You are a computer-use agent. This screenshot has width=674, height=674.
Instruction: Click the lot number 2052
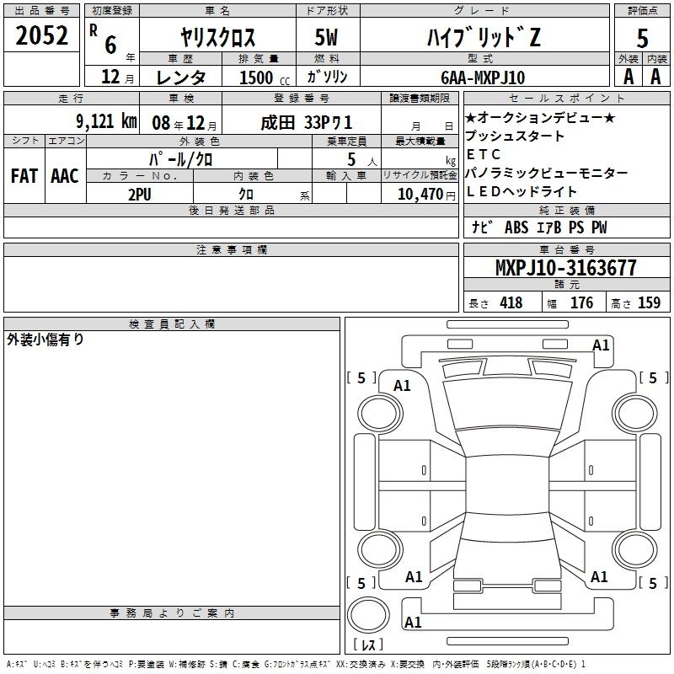41,35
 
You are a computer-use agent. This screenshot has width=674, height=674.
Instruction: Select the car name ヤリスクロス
217,37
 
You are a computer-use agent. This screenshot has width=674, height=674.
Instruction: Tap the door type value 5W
326,37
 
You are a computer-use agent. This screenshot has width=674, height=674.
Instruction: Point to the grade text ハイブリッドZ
484,37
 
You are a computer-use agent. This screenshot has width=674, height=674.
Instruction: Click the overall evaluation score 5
642,38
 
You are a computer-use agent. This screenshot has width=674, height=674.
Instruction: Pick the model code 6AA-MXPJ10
483,78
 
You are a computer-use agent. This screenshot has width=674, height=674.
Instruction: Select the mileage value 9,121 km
107,121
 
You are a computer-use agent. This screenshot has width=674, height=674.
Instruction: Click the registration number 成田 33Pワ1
307,123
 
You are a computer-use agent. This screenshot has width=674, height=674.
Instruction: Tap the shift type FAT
24,176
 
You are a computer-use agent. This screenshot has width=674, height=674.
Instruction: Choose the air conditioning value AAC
65,176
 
